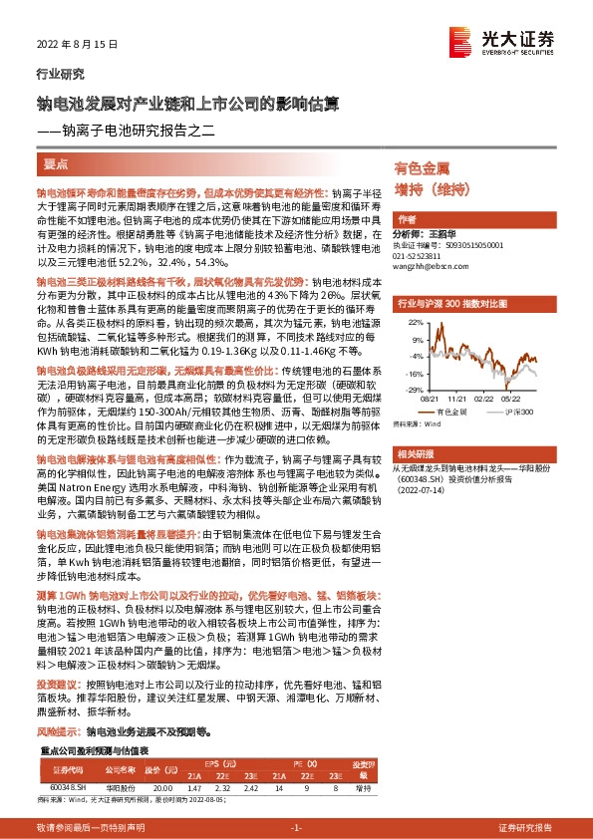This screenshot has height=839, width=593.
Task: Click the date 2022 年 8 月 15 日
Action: point(70,45)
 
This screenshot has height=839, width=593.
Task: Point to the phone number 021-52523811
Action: point(422,254)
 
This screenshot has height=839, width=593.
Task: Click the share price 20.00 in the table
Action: point(164,786)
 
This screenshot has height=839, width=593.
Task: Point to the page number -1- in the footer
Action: point(296,827)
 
